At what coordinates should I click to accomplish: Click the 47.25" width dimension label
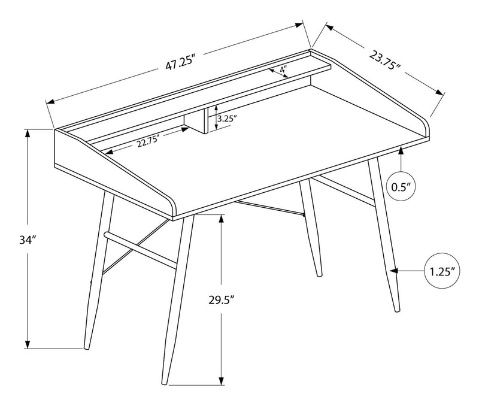[180, 63]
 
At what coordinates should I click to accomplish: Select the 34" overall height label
[28, 240]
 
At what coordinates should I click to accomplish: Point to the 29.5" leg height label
[221, 299]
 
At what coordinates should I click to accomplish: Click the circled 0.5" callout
[401, 187]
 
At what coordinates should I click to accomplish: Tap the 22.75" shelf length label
[148, 141]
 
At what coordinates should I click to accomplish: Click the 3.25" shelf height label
[227, 119]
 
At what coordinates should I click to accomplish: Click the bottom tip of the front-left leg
[86, 348]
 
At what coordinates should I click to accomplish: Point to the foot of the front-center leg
[164, 383]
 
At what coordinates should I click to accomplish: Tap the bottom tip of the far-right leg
[397, 310]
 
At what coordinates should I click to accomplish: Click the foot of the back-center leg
[320, 275]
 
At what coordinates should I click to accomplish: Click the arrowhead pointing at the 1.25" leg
[395, 271]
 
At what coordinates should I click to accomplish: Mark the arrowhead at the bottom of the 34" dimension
[28, 344]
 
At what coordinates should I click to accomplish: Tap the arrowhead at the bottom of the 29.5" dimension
[221, 380]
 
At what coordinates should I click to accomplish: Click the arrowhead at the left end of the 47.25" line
[50, 102]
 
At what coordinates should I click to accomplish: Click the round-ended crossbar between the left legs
[140, 250]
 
